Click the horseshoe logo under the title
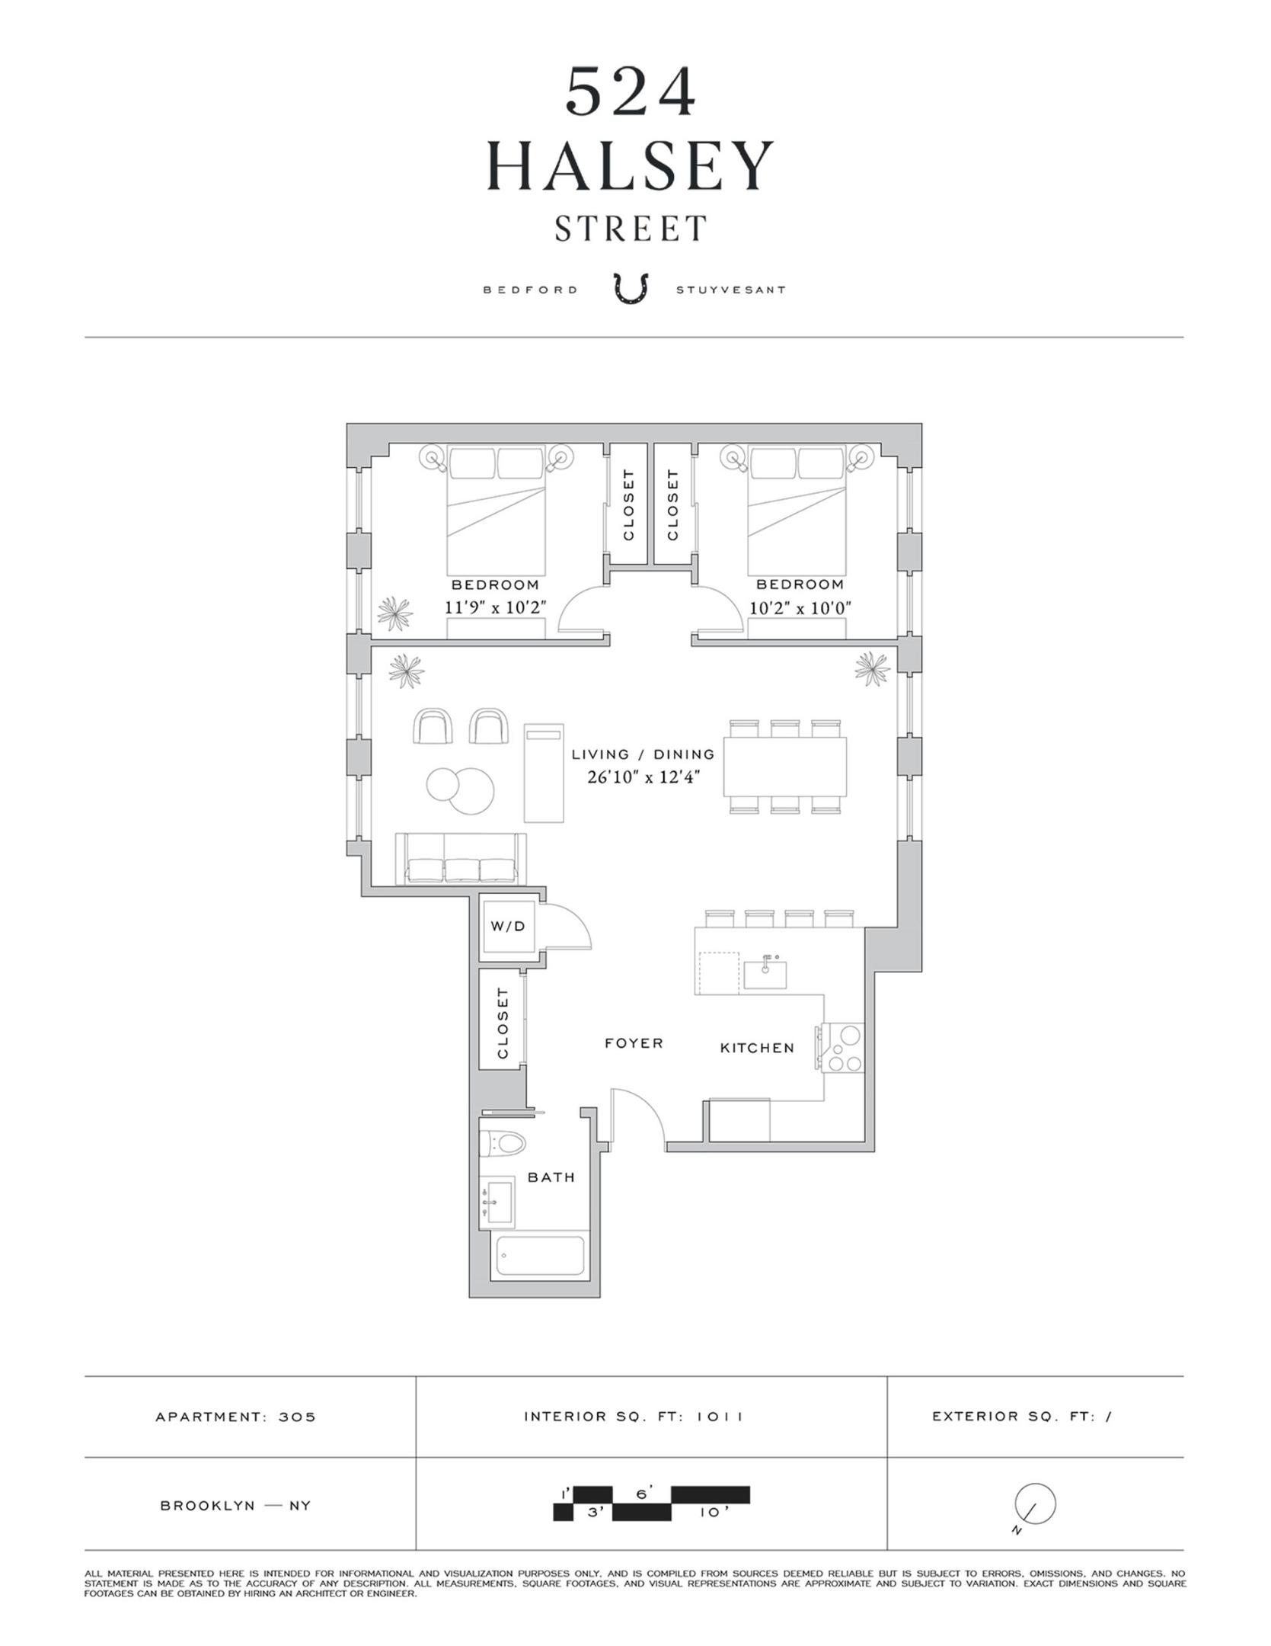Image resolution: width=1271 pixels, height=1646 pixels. coord(631,290)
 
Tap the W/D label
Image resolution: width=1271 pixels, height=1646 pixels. coord(508,927)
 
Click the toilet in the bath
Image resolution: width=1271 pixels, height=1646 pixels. coord(504,1144)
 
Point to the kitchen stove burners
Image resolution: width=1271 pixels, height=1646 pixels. coord(845,1049)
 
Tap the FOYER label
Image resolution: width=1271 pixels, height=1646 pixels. coord(634,1043)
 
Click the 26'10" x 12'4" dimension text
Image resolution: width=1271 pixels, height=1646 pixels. coord(643,777)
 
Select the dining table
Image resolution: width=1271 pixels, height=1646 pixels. coord(785,767)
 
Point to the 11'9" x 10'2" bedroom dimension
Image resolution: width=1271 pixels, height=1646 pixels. coord(496,608)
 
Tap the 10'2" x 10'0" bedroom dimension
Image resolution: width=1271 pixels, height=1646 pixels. coord(800,608)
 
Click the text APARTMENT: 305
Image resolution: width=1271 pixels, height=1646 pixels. coord(235,1417)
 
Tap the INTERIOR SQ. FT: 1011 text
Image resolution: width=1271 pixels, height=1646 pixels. coord(633,1417)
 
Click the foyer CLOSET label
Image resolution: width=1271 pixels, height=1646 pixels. coord(503,1023)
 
